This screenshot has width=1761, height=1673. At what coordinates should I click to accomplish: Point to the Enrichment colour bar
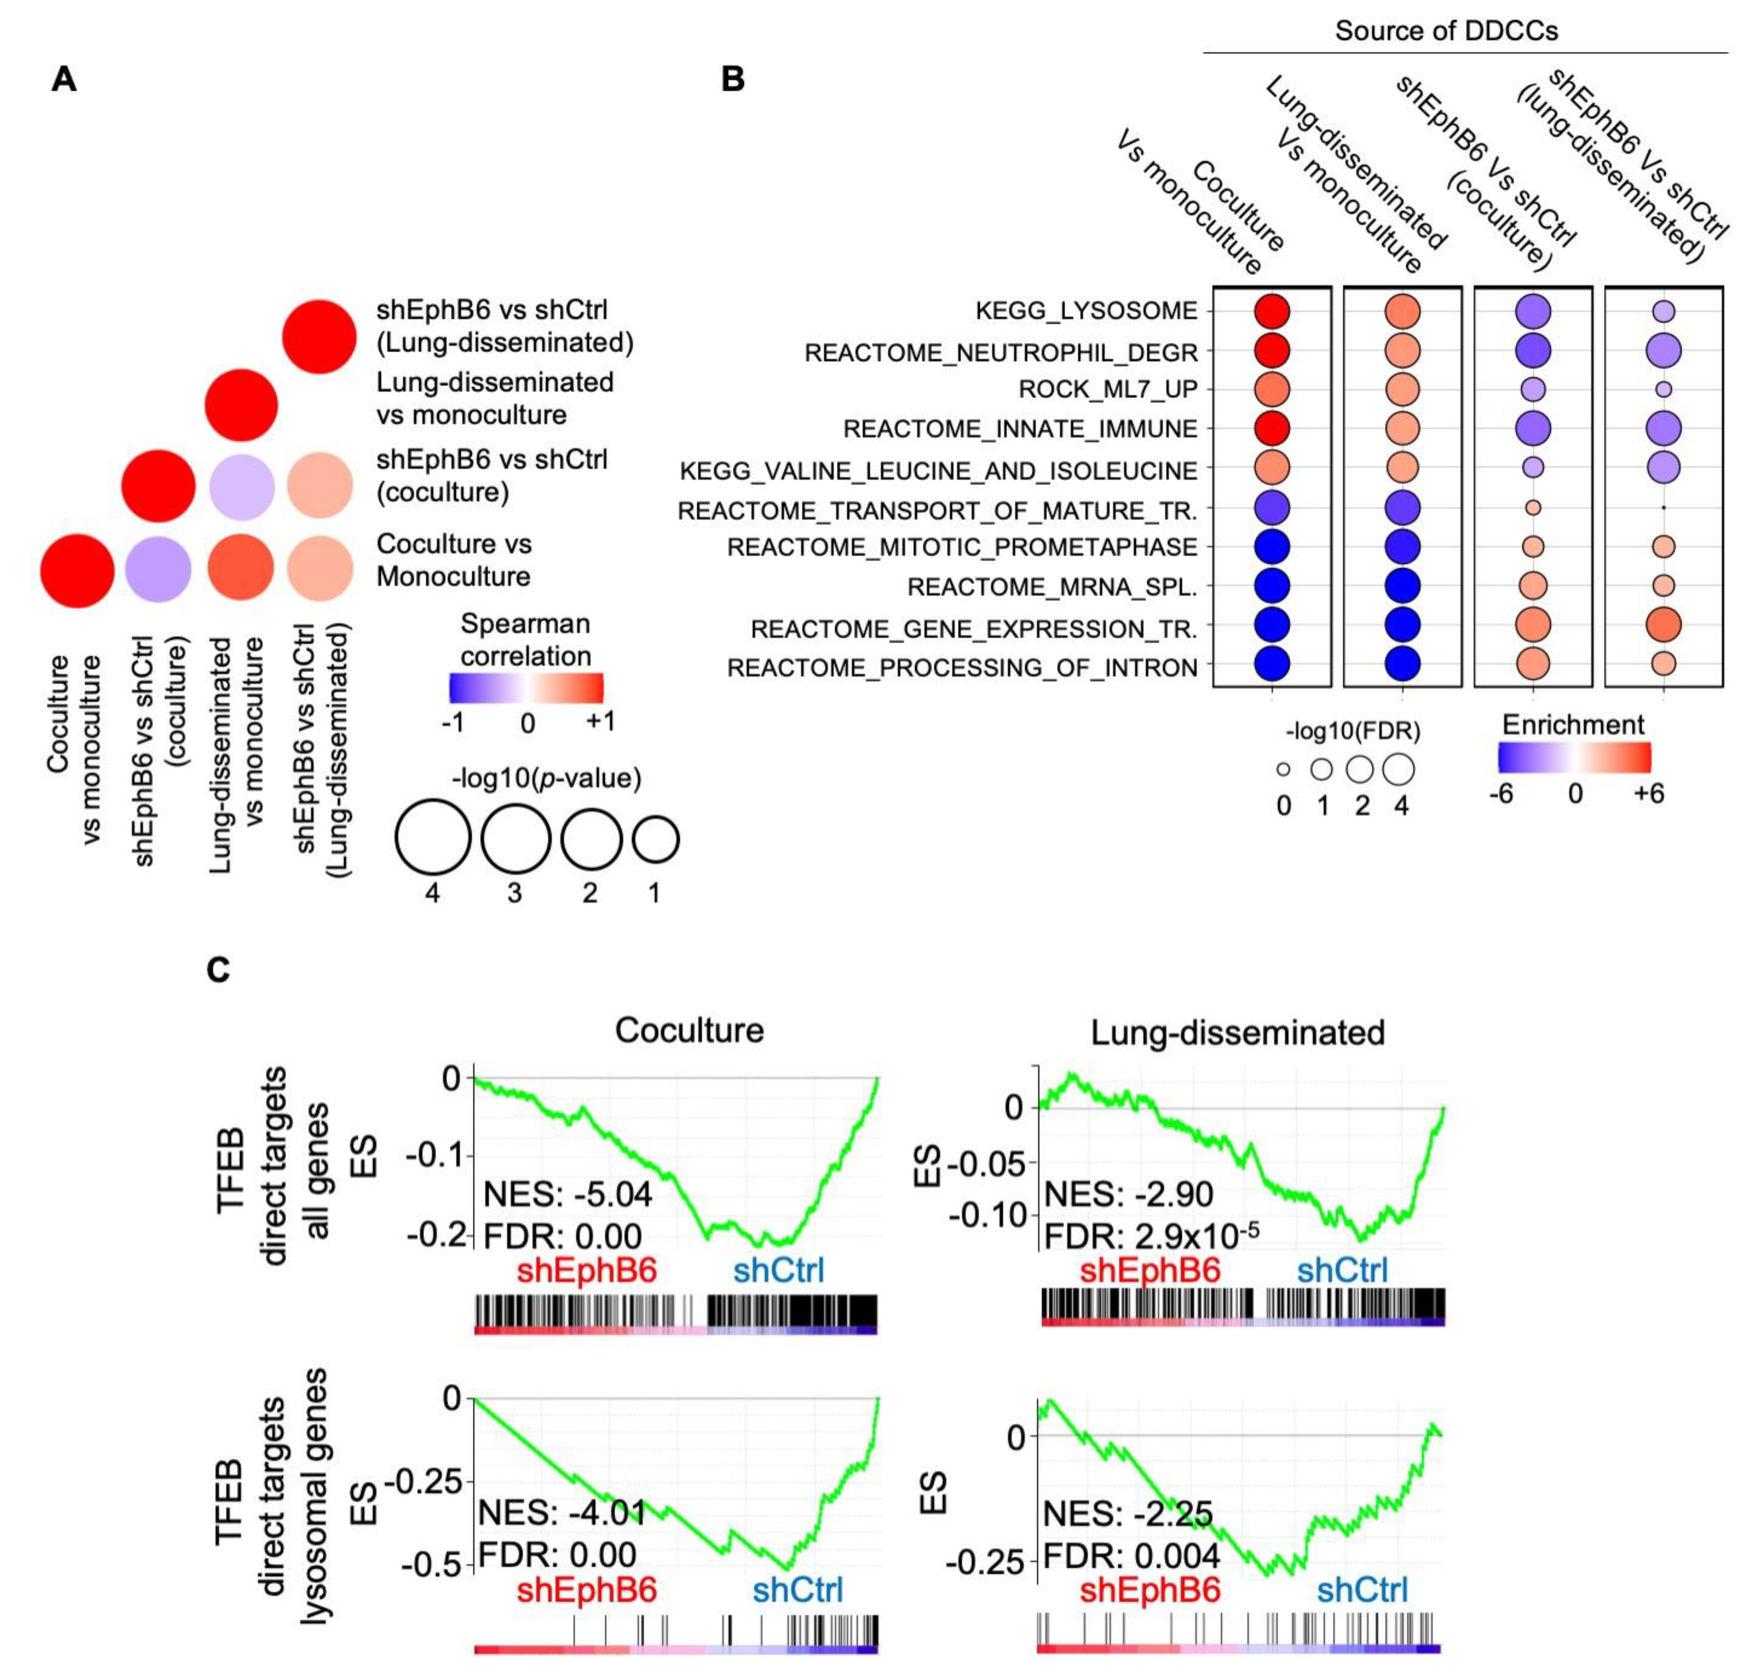pos(1575,757)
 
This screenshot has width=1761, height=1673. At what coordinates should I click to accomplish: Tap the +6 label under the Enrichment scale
pos(1648,793)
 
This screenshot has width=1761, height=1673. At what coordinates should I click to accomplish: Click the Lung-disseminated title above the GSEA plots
pos(1237,1033)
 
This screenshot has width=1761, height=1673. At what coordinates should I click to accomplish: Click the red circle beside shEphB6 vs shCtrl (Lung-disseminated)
pos(319,336)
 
